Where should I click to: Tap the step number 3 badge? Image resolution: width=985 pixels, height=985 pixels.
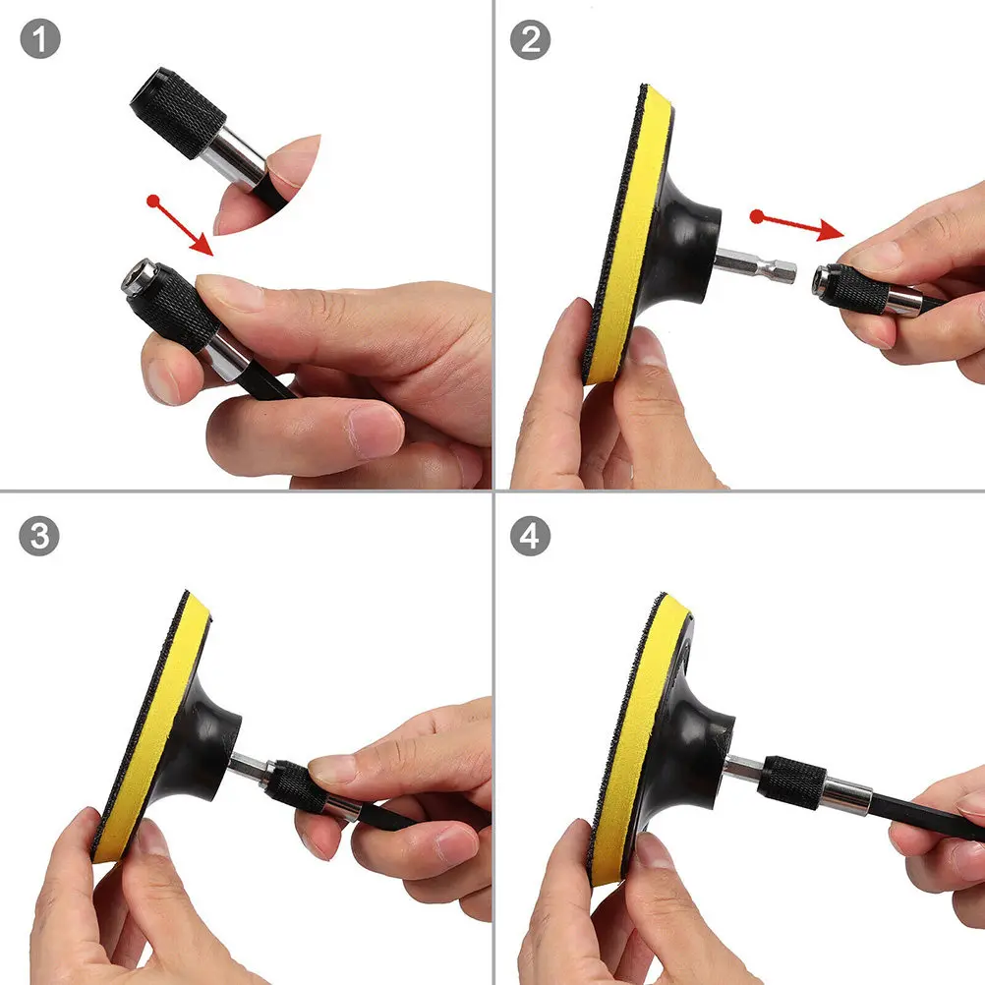click(x=39, y=537)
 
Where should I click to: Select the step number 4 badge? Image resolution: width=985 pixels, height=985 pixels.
click(x=531, y=537)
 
